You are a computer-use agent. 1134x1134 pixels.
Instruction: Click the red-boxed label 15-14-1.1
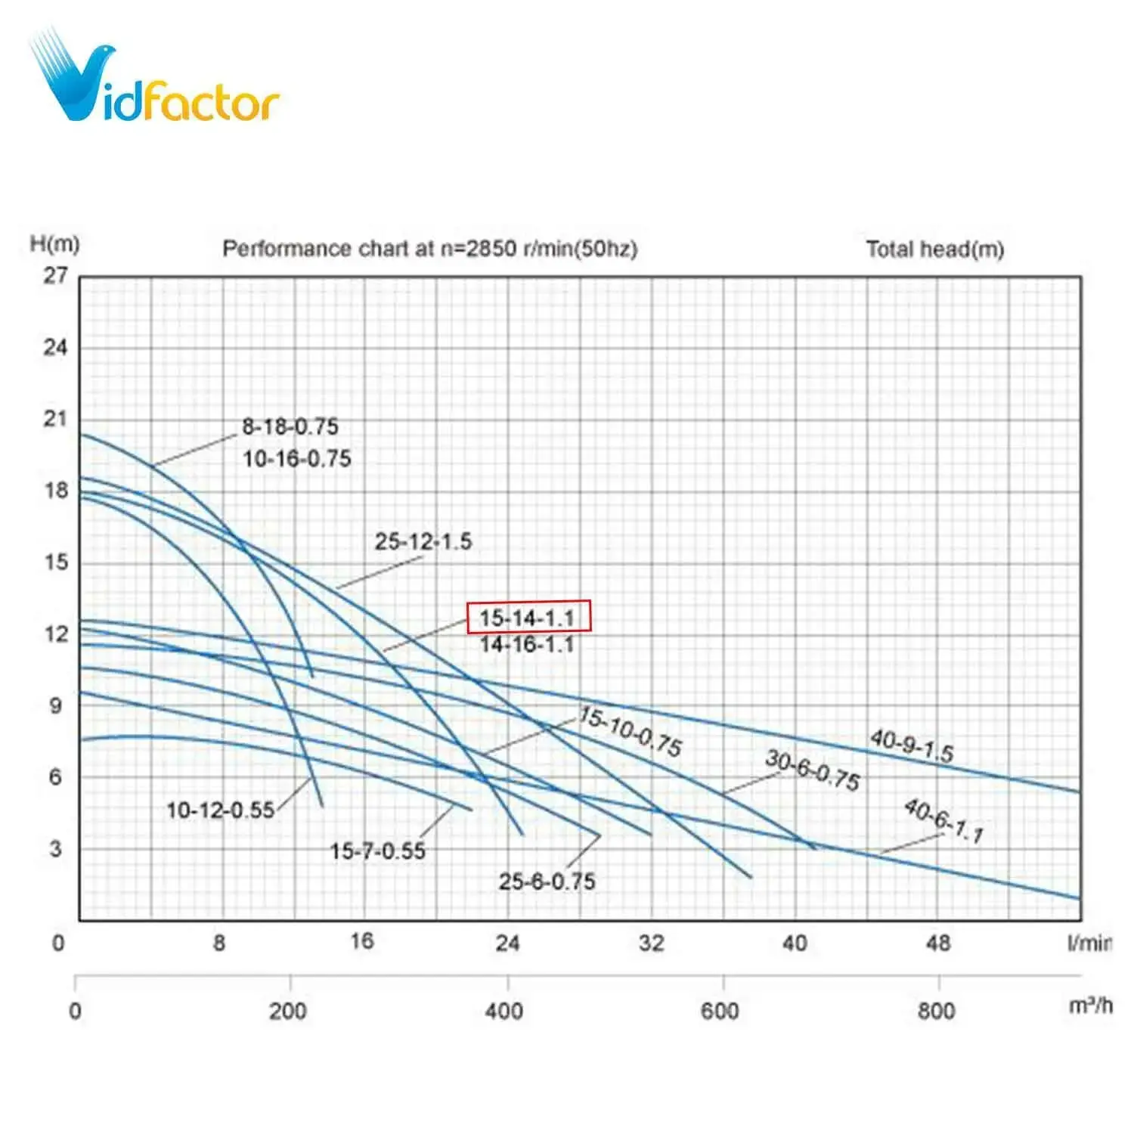528,618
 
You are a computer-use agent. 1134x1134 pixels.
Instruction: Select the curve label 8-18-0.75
290,427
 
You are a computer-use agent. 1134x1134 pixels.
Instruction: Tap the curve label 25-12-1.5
423,541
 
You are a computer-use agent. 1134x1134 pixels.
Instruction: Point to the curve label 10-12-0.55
220,810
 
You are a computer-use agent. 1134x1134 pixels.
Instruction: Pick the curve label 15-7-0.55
377,851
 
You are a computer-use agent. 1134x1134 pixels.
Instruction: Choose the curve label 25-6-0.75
547,881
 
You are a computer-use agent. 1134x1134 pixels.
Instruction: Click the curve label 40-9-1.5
912,745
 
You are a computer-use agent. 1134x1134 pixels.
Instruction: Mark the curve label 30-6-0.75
813,770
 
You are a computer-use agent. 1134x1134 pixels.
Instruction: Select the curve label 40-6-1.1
944,821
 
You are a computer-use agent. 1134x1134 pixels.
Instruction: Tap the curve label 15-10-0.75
631,731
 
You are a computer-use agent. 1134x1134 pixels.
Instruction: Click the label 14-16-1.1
527,645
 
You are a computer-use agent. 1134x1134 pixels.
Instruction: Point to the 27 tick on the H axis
55,276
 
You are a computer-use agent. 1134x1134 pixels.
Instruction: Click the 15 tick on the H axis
55,562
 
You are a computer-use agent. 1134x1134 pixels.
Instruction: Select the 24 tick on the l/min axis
507,943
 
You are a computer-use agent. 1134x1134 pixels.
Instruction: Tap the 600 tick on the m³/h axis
719,1012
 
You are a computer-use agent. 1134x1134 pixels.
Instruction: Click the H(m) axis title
54,243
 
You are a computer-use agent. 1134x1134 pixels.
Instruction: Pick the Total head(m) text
934,249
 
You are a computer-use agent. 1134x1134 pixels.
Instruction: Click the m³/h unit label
1090,1006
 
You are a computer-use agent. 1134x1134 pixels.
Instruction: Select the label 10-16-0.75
297,459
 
